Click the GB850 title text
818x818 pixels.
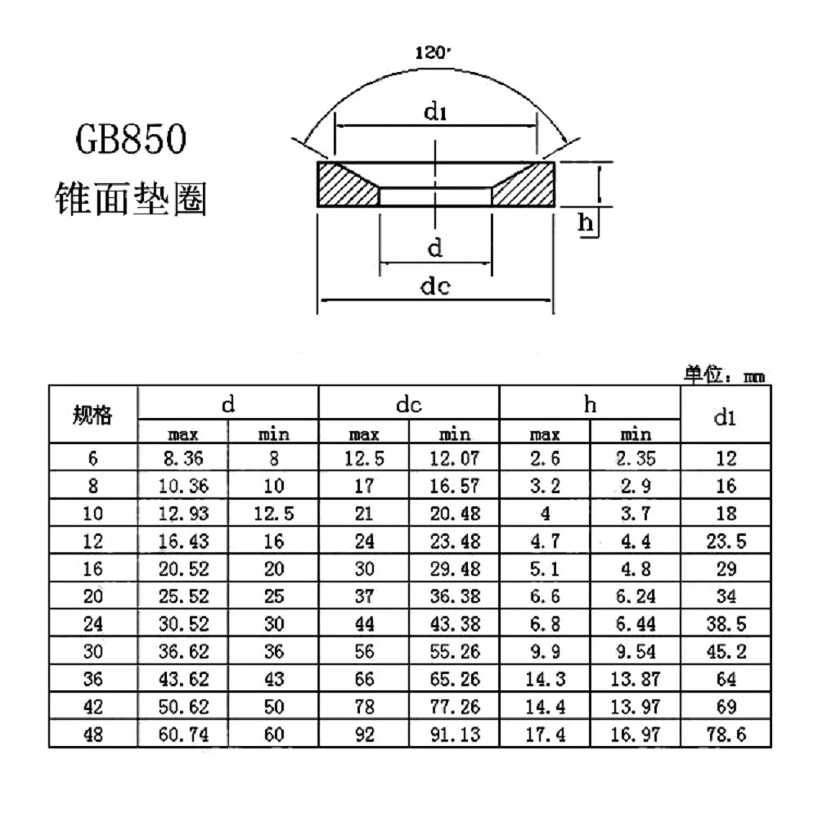[131, 138]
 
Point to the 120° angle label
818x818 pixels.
[433, 52]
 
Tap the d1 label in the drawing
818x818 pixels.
[436, 112]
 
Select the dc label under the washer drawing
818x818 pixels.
[435, 286]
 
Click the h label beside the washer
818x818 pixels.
[586, 222]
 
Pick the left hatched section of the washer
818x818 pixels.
[344, 186]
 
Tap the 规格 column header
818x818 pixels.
[92, 415]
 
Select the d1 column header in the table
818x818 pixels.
[725, 417]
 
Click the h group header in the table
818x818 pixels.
[590, 404]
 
